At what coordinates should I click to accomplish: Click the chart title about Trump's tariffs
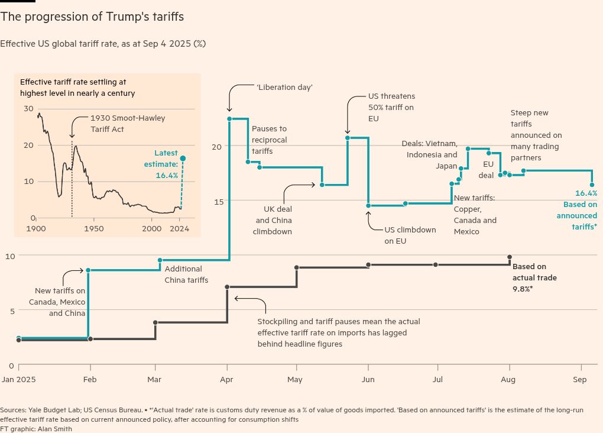92,17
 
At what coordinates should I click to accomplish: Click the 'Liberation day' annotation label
284,87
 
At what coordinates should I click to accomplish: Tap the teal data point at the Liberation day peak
229,119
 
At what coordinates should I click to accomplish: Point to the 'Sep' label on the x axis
579,380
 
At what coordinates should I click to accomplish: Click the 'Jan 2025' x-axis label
18,380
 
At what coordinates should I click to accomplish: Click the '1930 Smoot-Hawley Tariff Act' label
128,123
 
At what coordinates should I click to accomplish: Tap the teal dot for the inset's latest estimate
183,159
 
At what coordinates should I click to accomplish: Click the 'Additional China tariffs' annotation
186,274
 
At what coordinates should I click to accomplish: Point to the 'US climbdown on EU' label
410,235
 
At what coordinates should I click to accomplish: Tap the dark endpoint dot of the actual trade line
509,257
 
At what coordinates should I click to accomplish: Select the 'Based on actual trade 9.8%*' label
534,277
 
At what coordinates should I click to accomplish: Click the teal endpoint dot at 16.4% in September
592,185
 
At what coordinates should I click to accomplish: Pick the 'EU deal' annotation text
487,169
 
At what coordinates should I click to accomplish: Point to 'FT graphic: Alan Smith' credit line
36,429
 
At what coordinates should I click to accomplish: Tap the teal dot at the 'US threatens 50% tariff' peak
348,138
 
